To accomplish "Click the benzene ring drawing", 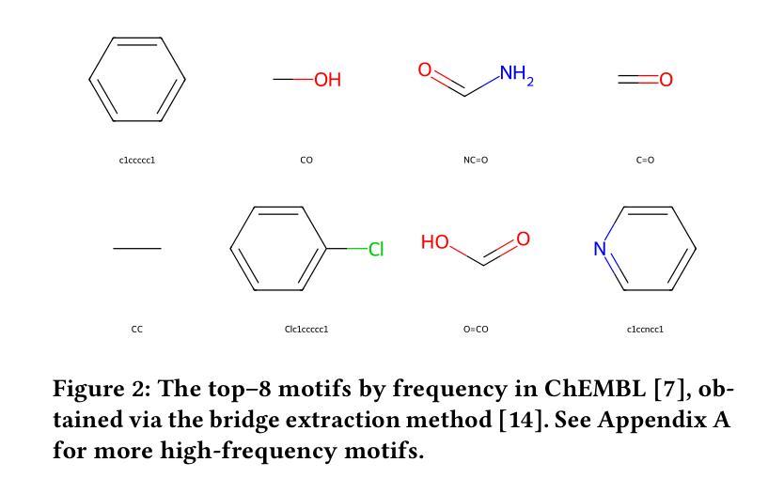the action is tap(137, 80).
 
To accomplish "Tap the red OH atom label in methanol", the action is tap(327, 81).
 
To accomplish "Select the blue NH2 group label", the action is tap(516, 74).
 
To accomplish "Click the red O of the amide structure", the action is tap(425, 69).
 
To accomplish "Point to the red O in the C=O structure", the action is tap(666, 81).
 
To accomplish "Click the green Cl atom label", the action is tap(376, 250).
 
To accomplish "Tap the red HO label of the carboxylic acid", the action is tap(435, 242).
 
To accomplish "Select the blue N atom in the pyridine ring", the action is tap(600, 250).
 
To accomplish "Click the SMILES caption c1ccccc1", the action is tap(137, 161).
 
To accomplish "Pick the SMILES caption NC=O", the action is tap(476, 161).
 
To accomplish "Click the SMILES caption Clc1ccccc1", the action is tap(306, 330).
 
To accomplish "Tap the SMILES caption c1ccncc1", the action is tap(645, 330).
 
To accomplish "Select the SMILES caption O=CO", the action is tap(476, 330).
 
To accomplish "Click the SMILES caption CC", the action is tap(137, 330).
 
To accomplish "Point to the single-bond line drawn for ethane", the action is tap(137, 249).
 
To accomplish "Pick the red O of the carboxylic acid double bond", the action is tap(523, 239).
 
